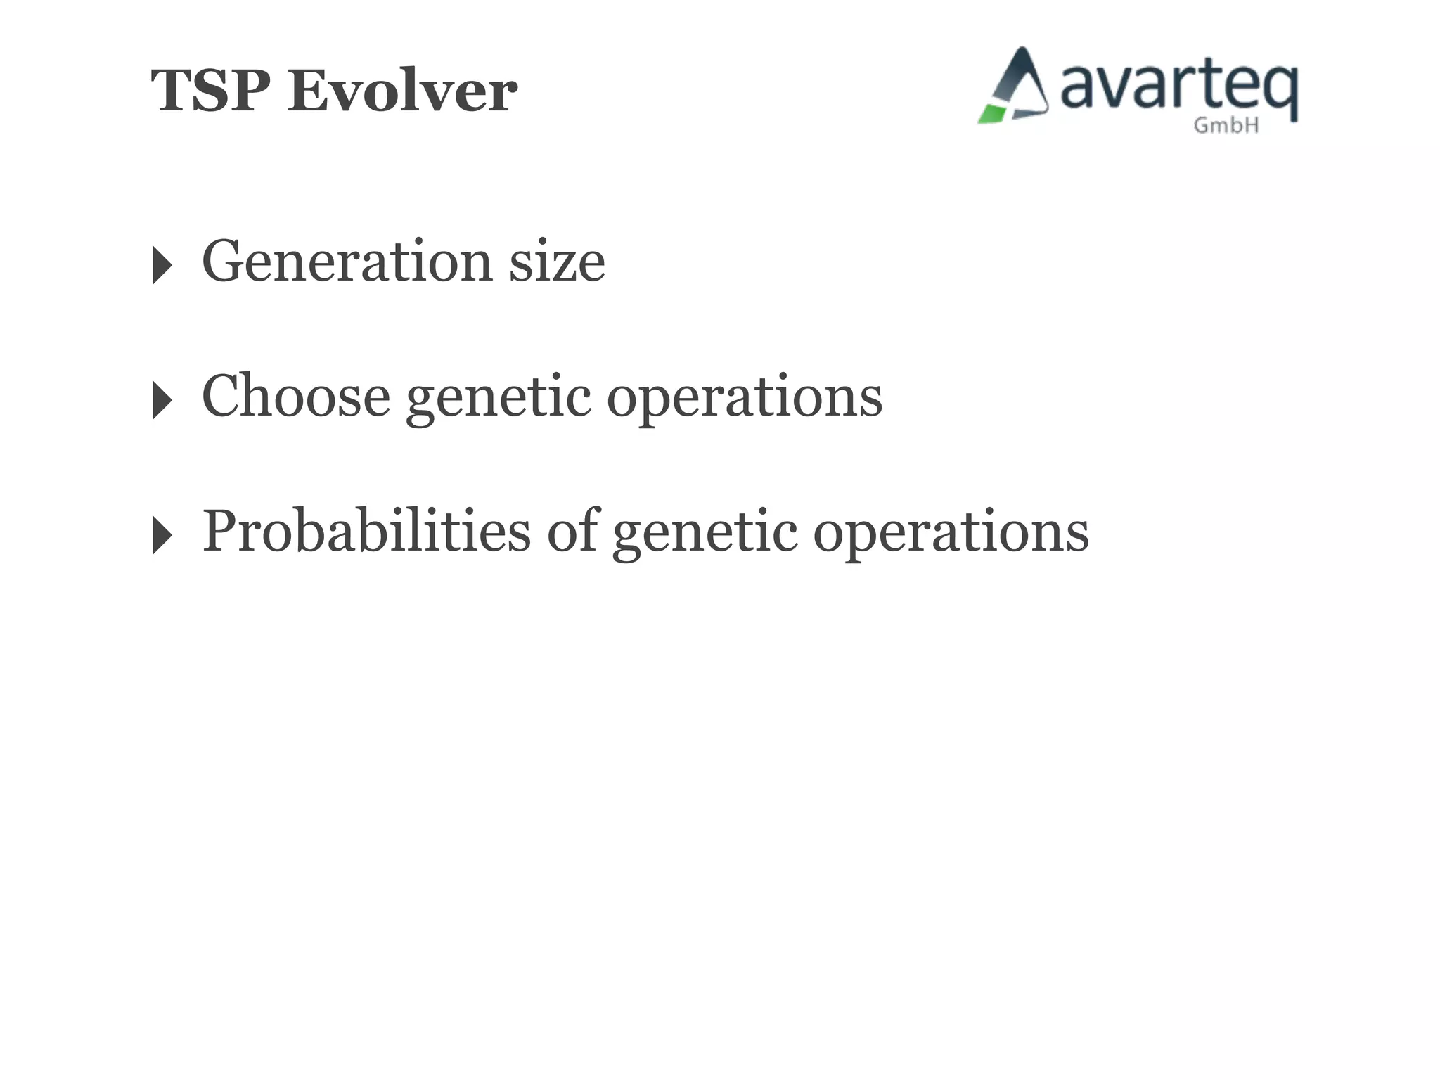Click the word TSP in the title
point(210,91)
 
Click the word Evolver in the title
point(402,91)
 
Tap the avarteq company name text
point(1178,88)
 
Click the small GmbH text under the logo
point(1226,126)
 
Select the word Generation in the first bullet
point(347,262)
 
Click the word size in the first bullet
point(556,262)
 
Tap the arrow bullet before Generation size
point(162,265)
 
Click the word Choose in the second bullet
point(295,396)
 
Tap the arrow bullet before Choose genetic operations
point(162,400)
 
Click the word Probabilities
point(366,531)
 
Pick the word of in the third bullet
point(572,531)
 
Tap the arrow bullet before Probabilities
point(162,535)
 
